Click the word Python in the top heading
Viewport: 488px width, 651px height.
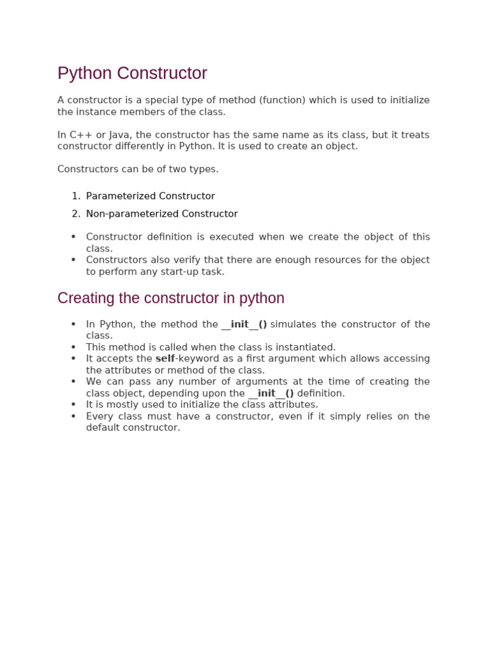click(83, 74)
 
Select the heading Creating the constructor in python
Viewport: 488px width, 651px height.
click(171, 298)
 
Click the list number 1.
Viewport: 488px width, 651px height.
click(76, 196)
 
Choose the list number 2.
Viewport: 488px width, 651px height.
click(76, 214)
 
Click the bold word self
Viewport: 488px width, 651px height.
click(165, 359)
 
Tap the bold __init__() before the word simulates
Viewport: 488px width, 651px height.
click(244, 324)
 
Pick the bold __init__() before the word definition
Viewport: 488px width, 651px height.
click(271, 394)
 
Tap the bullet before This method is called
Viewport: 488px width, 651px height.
click(73, 347)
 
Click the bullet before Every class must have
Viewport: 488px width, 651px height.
click(73, 416)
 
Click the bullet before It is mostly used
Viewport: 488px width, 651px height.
click(73, 405)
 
